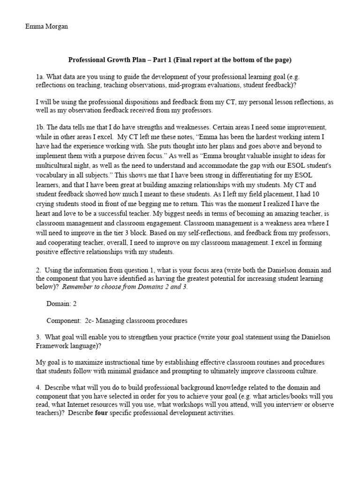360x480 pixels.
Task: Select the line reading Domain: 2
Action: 61,304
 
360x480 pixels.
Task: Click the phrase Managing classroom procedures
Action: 136,321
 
